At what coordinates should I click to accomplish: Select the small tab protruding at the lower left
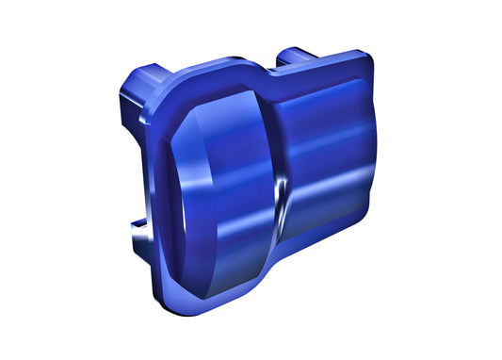[x=139, y=224]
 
